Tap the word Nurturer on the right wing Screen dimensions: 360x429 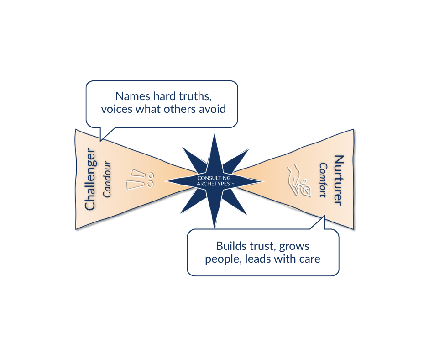(338, 180)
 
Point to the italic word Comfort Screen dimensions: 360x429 (323, 180)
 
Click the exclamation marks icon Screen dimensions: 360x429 (138, 180)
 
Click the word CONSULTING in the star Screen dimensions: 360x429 (214, 178)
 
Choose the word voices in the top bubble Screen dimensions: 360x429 (116, 110)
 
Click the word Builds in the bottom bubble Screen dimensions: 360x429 (230, 246)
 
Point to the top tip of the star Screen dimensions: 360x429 (214, 133)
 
